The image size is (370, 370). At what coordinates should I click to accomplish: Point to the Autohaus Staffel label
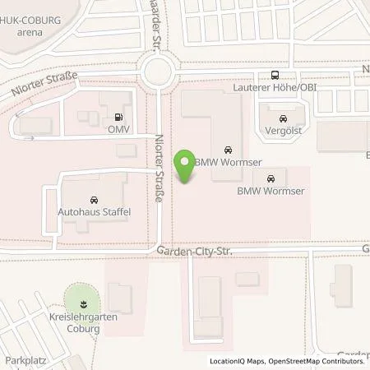94,211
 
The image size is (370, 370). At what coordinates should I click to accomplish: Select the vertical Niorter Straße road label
159,169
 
